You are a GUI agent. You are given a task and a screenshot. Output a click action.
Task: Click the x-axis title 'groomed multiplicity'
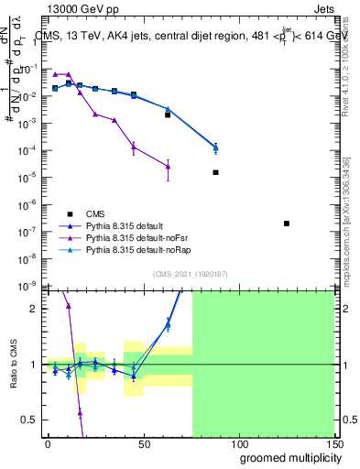pos(287,456)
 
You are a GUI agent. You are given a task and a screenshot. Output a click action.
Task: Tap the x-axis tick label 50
pos(143,443)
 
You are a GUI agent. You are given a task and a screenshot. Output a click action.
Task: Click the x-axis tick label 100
pos(238,443)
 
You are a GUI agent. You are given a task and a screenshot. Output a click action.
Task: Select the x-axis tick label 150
pos(333,443)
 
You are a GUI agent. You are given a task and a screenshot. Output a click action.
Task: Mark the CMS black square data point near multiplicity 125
pos(287,224)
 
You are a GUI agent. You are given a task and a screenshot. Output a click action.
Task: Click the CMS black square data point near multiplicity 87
pos(215,172)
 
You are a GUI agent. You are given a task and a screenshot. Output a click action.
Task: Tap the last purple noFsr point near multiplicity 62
pos(168,166)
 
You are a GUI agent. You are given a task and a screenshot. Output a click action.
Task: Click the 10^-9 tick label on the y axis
pos(29,286)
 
